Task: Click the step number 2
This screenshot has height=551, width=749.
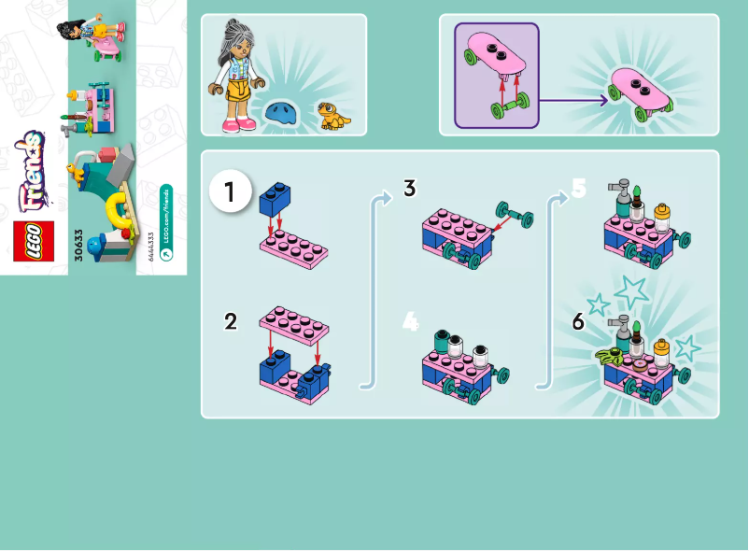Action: coord(230,322)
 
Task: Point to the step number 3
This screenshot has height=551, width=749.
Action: coord(409,188)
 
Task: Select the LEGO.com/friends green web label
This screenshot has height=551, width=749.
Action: coord(166,230)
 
